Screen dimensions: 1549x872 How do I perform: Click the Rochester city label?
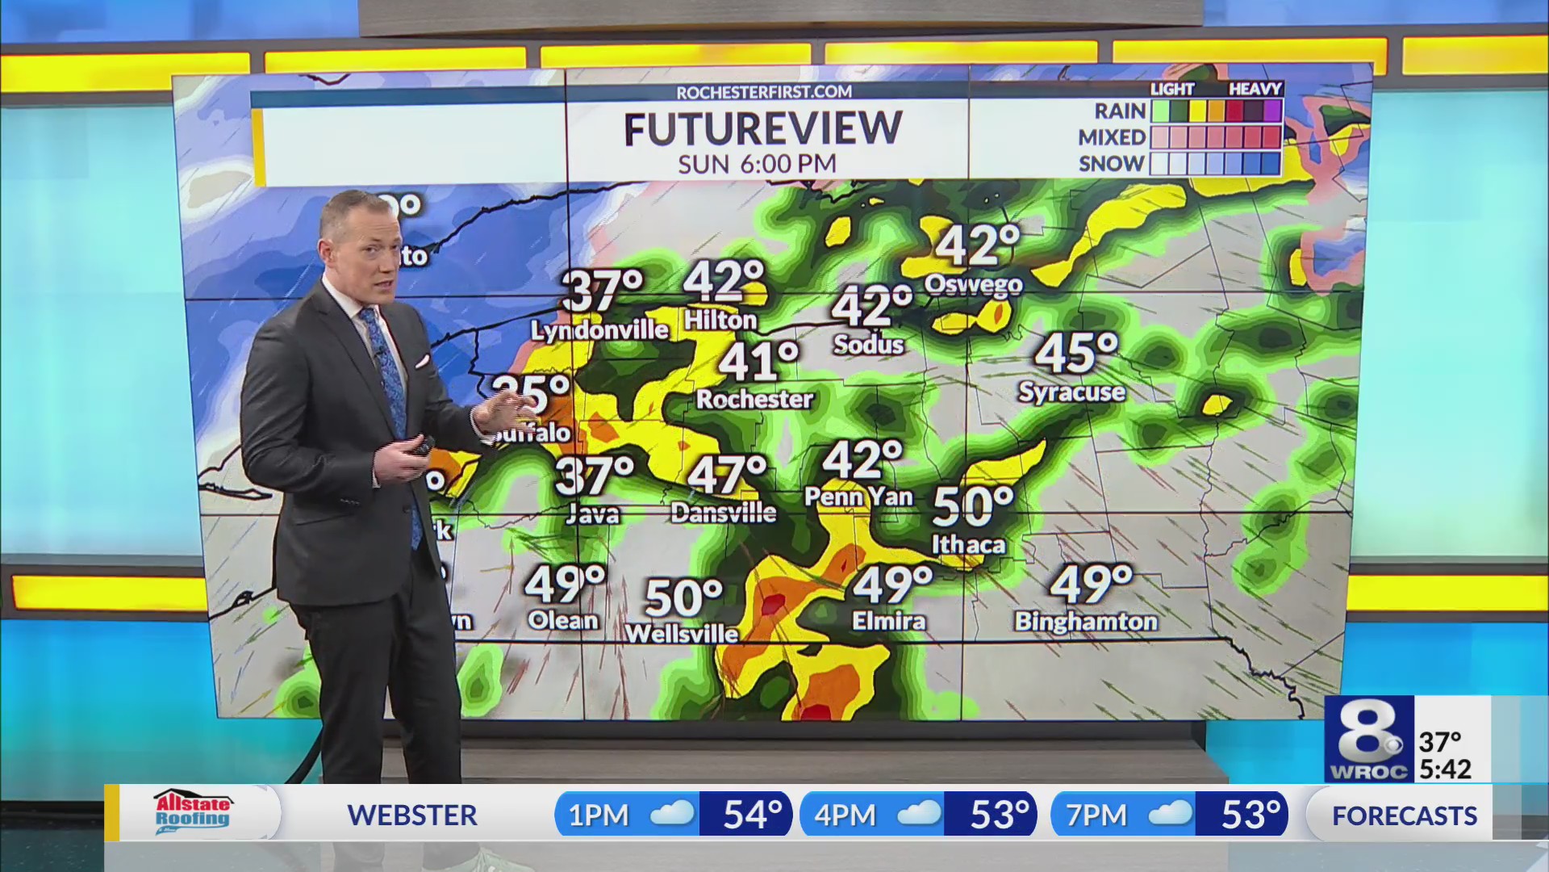[x=754, y=399]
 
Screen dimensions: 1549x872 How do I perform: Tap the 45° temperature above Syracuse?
[x=1076, y=354]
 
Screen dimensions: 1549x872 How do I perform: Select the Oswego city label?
[x=973, y=284]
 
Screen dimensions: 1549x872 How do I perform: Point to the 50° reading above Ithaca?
[x=973, y=506]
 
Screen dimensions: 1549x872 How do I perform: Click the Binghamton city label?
[x=1086, y=621]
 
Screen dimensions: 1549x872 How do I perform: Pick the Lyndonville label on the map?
[x=599, y=330]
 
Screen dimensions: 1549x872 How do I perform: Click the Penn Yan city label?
[x=858, y=497]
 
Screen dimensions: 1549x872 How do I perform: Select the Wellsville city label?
[x=682, y=634]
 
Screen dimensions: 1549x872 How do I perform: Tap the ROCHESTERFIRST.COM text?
[x=764, y=93]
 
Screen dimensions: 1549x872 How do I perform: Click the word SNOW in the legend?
[x=1111, y=164]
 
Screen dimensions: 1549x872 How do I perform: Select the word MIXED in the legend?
[x=1111, y=137]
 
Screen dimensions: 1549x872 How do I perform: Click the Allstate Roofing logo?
[x=192, y=812]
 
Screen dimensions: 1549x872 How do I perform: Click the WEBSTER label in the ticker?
[x=412, y=815]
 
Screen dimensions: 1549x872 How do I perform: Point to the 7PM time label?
[x=1096, y=815]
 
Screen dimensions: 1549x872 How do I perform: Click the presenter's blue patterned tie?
[x=390, y=388]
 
